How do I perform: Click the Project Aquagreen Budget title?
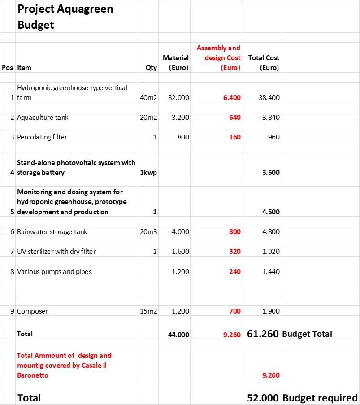65,17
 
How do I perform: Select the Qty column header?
151,68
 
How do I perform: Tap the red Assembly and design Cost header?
218,58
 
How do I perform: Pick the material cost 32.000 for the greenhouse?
178,97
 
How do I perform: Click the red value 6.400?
231,97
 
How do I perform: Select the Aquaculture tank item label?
43,117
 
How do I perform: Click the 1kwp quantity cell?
148,173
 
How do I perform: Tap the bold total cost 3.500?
270,173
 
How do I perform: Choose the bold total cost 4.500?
270,212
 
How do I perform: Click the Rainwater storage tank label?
52,232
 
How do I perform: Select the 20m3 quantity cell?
148,232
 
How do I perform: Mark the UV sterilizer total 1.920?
270,252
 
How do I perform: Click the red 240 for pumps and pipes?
234,271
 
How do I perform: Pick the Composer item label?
32,311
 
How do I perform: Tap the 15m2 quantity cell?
148,311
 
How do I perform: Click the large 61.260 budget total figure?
263,334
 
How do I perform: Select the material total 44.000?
178,335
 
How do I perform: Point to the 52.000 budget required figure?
263,398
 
